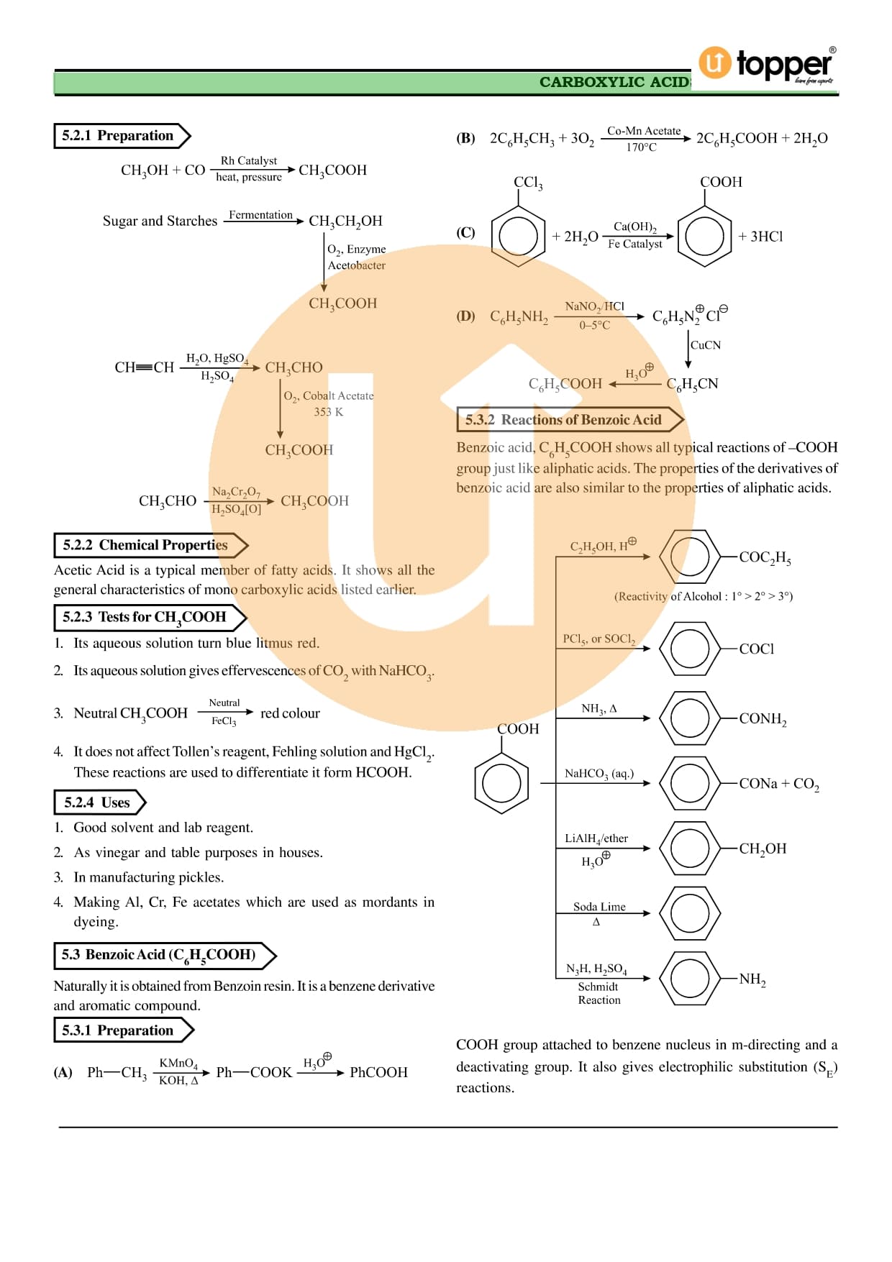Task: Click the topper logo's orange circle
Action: [x=714, y=63]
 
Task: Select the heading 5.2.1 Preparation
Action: [x=117, y=136]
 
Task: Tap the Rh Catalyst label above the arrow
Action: [x=248, y=160]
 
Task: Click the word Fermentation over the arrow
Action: [x=260, y=215]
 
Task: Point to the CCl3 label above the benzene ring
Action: [x=528, y=183]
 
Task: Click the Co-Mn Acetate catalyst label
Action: [x=644, y=131]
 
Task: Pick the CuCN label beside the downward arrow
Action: [x=706, y=345]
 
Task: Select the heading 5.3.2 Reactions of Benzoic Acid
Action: [x=563, y=420]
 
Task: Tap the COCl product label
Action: [x=757, y=649]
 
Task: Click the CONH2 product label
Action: [x=763, y=718]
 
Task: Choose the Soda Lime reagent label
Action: [x=599, y=907]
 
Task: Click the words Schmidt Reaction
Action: [x=599, y=993]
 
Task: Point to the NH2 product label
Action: [x=752, y=979]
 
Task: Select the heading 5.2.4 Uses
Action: [x=97, y=803]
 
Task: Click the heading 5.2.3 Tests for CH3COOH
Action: [x=144, y=617]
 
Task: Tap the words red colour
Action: [x=290, y=713]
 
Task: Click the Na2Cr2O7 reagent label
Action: [x=236, y=492]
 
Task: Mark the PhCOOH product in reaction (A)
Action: [x=378, y=1072]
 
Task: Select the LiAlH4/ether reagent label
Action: [x=596, y=838]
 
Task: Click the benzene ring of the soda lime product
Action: [x=690, y=913]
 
